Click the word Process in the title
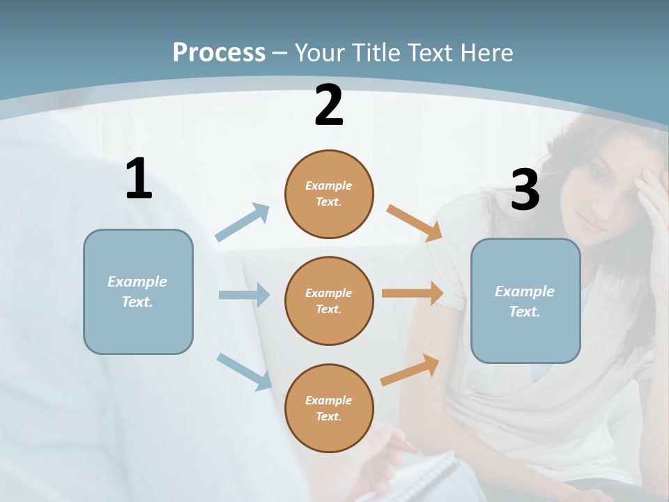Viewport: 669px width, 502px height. click(x=219, y=53)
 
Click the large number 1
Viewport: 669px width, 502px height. click(x=139, y=178)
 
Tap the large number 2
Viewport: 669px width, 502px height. click(x=329, y=106)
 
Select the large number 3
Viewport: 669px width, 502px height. click(x=525, y=190)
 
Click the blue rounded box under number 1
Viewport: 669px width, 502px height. click(x=138, y=291)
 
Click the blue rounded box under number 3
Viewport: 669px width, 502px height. click(x=525, y=301)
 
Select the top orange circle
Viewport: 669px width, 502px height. click(x=329, y=194)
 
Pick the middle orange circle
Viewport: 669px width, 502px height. click(x=329, y=301)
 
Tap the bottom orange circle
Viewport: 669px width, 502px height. click(x=329, y=408)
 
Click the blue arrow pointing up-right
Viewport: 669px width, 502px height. click(x=243, y=222)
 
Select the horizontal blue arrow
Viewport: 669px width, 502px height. click(x=244, y=295)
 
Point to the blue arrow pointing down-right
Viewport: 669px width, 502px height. click(x=244, y=371)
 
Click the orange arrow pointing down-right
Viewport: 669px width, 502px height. click(x=414, y=222)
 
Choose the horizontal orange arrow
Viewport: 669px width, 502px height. click(x=413, y=294)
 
